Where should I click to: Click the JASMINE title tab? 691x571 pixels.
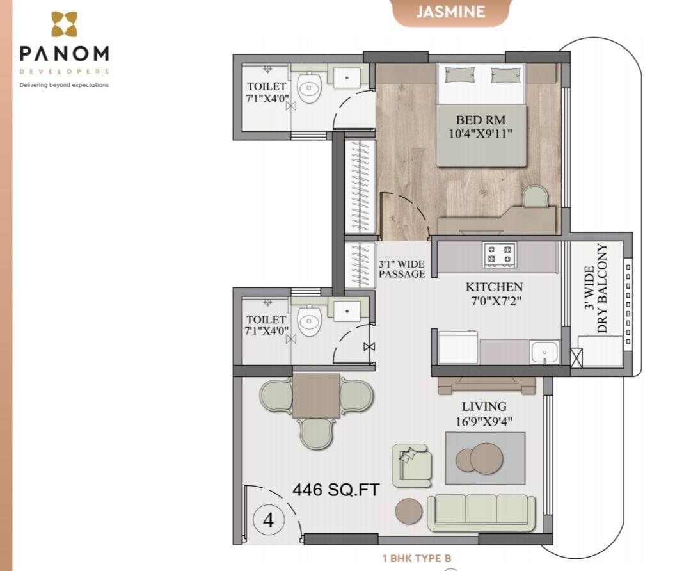click(450, 12)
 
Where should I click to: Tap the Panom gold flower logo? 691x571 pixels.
click(65, 24)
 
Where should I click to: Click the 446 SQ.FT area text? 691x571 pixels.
click(336, 490)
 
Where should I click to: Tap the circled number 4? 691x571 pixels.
click(268, 520)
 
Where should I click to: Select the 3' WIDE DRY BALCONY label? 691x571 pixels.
click(596, 288)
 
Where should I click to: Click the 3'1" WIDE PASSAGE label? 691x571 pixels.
click(401, 269)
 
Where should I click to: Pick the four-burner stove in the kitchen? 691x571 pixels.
click(500, 254)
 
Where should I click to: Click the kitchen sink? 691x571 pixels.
click(544, 352)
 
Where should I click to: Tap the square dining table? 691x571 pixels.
click(316, 396)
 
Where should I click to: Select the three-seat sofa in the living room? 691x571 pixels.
click(481, 513)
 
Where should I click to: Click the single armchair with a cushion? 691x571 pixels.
click(411, 465)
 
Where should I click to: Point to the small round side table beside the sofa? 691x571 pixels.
click(408, 511)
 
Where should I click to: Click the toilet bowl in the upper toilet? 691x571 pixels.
click(309, 87)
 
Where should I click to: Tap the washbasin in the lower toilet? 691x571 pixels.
click(347, 311)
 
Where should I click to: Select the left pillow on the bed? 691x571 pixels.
click(459, 75)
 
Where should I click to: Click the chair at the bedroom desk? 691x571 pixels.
click(535, 196)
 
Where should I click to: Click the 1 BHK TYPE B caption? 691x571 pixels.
click(417, 558)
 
